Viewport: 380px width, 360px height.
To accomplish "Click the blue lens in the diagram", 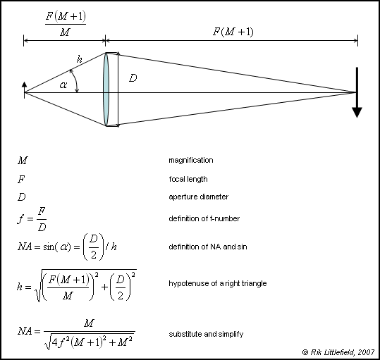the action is pyautogui.click(x=106, y=89).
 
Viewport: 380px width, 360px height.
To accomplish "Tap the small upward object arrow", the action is pyautogui.click(x=24, y=89).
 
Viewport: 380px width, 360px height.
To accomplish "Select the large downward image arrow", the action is pyautogui.click(x=357, y=92).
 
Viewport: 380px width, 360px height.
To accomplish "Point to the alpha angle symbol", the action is pyautogui.click(x=63, y=85).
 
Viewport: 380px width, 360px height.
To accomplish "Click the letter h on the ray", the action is pyautogui.click(x=80, y=59).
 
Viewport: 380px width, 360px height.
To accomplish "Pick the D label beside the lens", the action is pyautogui.click(x=133, y=78).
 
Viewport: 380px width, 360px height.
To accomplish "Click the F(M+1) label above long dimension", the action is pyautogui.click(x=233, y=32).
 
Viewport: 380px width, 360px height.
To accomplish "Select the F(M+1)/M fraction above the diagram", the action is pyautogui.click(x=66, y=24).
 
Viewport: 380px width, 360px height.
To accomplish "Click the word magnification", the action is pyautogui.click(x=191, y=160).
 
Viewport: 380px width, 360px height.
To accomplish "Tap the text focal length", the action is pyautogui.click(x=188, y=179).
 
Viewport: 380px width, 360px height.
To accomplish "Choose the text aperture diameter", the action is pyautogui.click(x=199, y=197).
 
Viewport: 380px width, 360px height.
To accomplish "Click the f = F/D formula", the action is pyautogui.click(x=32, y=219).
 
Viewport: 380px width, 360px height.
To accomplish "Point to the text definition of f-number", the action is pyautogui.click(x=204, y=218).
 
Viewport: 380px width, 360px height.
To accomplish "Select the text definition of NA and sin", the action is pyautogui.click(x=208, y=247).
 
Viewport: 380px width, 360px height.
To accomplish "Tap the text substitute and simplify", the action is pyautogui.click(x=206, y=334).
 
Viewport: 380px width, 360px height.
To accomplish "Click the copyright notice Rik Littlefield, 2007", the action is pyautogui.click(x=338, y=352).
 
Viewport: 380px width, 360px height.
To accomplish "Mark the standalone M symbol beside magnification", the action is pyautogui.click(x=23, y=160).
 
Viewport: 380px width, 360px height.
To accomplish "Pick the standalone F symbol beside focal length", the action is pyautogui.click(x=21, y=180).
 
